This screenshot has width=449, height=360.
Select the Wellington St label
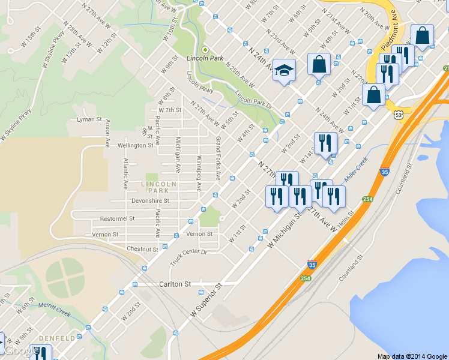point(136,145)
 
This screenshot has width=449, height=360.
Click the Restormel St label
point(117,219)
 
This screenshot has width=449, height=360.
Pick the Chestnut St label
point(142,249)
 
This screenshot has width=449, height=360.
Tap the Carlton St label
point(175,284)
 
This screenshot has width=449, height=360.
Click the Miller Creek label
point(355,172)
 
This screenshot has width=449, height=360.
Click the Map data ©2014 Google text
point(412,356)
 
